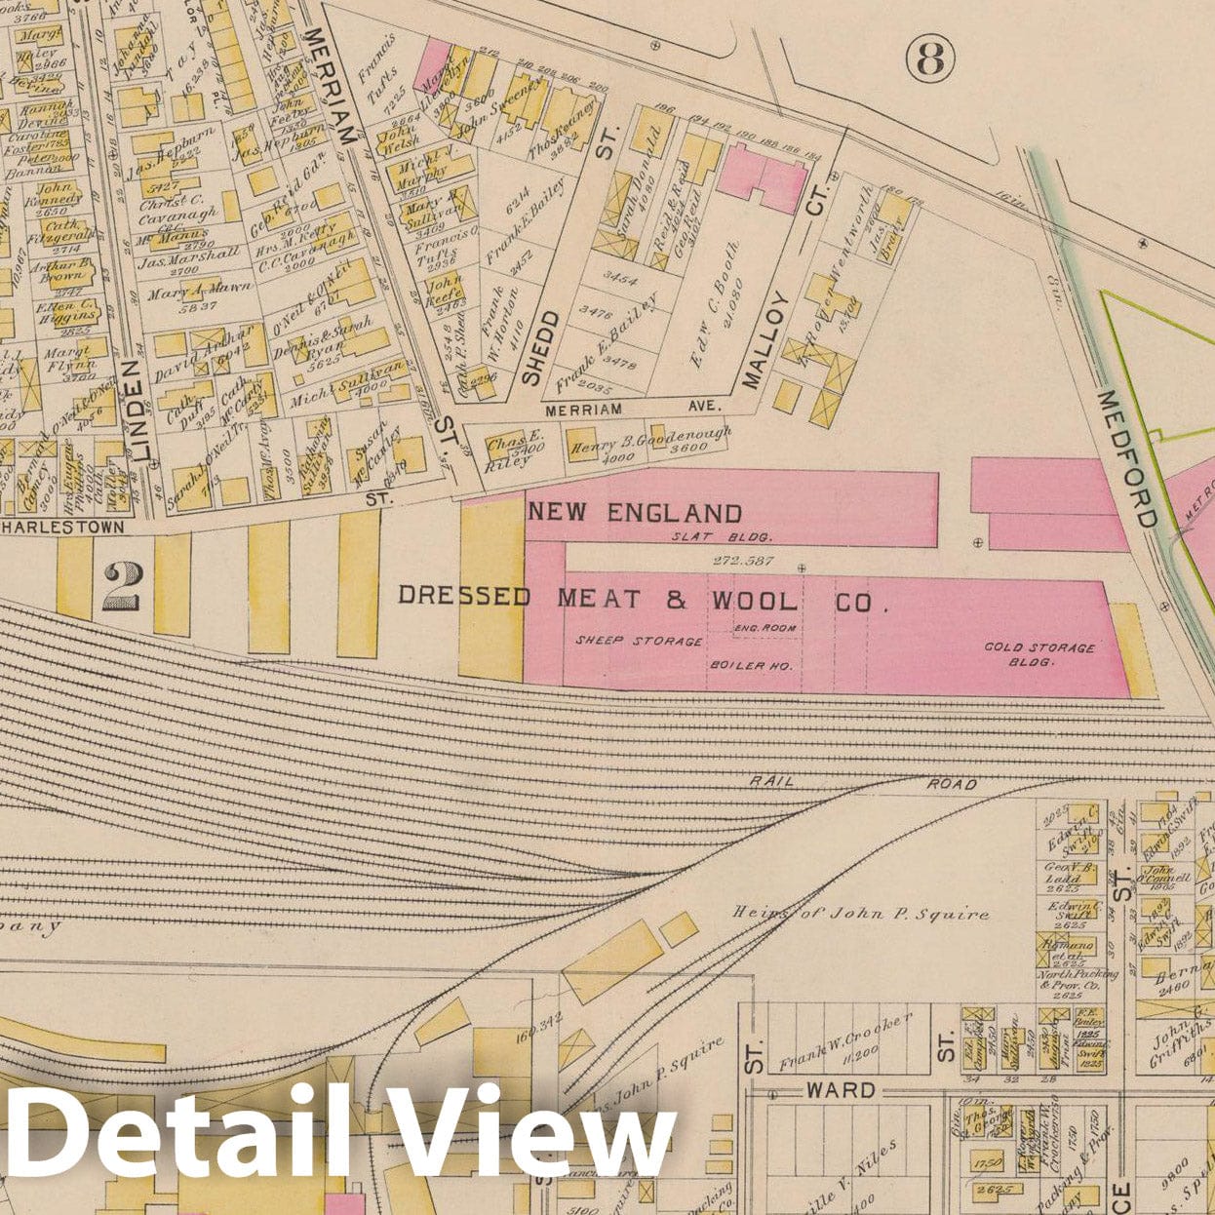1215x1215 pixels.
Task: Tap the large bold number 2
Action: point(123,587)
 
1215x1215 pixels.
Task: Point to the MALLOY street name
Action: point(765,340)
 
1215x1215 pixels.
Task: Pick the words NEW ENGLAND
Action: point(635,513)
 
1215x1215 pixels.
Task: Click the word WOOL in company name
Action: point(751,601)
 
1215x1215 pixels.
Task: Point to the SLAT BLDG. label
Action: point(722,537)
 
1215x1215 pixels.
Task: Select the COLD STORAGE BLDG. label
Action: point(1039,654)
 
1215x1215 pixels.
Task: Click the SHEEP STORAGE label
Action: point(639,641)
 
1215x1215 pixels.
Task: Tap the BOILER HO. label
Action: point(749,666)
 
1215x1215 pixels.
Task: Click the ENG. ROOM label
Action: point(765,628)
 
